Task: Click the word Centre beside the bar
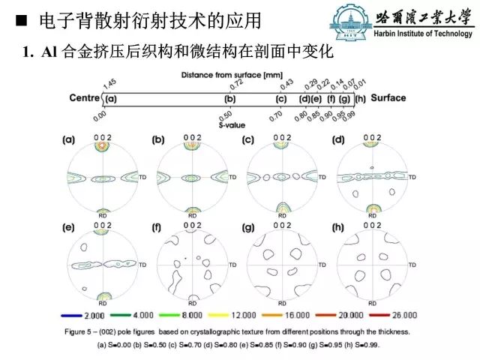[85, 98]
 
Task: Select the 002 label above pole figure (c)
[283, 137]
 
